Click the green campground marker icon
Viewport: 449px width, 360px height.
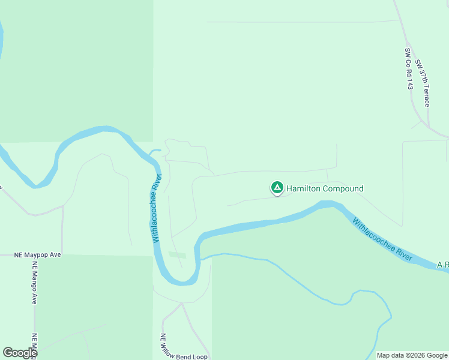click(x=277, y=188)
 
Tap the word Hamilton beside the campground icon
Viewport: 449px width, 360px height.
click(x=304, y=188)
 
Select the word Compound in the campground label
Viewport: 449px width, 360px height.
click(x=343, y=188)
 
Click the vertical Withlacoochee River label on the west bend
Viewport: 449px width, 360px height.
click(x=156, y=208)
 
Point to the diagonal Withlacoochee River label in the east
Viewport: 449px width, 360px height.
click(x=383, y=239)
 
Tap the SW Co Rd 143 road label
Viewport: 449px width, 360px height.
click(x=409, y=69)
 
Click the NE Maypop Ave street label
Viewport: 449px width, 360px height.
click(x=38, y=255)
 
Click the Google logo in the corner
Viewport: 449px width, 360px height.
click(x=20, y=353)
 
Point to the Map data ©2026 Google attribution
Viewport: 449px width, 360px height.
click(x=412, y=355)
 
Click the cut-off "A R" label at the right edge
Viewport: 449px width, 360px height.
click(x=442, y=265)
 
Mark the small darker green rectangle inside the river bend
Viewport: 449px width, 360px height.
click(x=177, y=255)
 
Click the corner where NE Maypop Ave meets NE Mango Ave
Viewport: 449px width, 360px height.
click(x=35, y=255)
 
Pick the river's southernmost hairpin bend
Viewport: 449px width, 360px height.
click(x=180, y=281)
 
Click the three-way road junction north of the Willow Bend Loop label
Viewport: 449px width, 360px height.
click(x=181, y=305)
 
